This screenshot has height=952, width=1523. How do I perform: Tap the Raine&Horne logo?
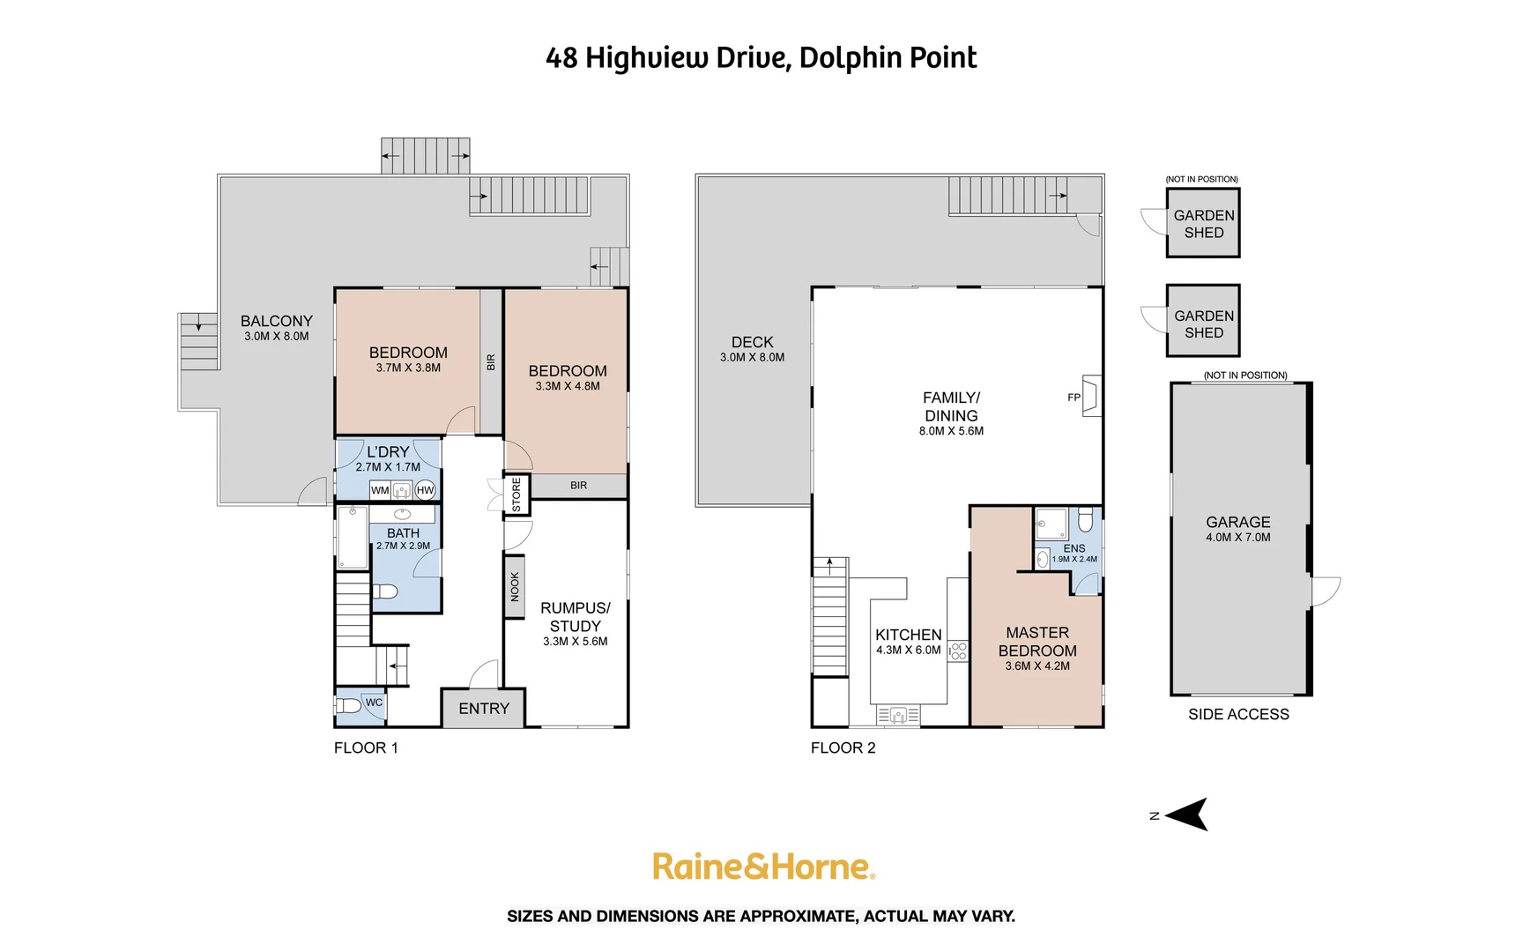(x=763, y=866)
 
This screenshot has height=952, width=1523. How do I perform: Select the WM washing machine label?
(x=380, y=490)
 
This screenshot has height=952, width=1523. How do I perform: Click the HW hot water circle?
(x=425, y=490)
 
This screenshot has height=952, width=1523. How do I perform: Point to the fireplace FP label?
(x=1074, y=398)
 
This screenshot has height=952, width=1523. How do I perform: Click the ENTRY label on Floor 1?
(x=484, y=709)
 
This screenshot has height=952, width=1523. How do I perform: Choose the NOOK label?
(x=515, y=586)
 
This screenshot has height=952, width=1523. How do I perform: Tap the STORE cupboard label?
(x=516, y=495)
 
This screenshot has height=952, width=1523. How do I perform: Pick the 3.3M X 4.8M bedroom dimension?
(x=568, y=386)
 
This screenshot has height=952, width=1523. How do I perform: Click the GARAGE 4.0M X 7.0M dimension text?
(x=1238, y=538)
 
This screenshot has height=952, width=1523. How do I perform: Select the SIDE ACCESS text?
(x=1238, y=715)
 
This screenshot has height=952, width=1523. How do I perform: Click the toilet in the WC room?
(x=349, y=706)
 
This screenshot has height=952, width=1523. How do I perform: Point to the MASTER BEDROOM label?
(x=1037, y=642)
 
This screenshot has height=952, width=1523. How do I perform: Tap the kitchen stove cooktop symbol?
(x=958, y=651)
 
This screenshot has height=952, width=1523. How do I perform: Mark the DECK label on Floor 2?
(x=752, y=342)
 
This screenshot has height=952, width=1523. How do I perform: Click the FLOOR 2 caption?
(x=843, y=748)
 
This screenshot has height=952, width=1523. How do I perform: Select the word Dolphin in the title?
(x=840, y=58)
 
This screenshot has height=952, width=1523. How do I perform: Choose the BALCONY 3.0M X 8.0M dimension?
(x=277, y=337)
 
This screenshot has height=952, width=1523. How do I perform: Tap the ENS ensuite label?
(x=1074, y=548)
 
